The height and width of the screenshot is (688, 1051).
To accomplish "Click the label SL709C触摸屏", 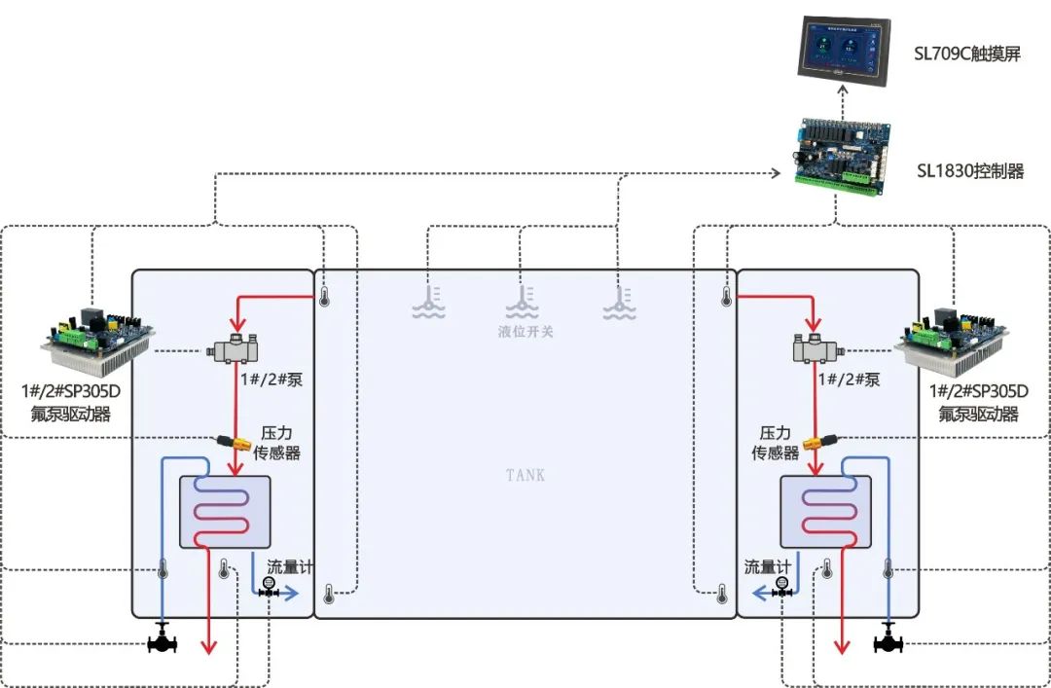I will [968, 54].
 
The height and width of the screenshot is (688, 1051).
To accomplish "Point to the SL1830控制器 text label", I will [970, 171].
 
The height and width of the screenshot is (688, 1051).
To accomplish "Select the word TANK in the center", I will [525, 475].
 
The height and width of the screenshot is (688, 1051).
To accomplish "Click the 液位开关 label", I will [525, 332].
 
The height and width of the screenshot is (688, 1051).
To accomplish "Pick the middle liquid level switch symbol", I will [524, 301].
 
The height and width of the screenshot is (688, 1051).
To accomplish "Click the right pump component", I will [815, 347].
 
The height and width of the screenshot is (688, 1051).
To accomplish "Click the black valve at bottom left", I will [162, 642].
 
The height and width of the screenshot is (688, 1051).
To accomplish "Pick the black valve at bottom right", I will [888, 642].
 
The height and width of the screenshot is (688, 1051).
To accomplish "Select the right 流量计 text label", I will [768, 566].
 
